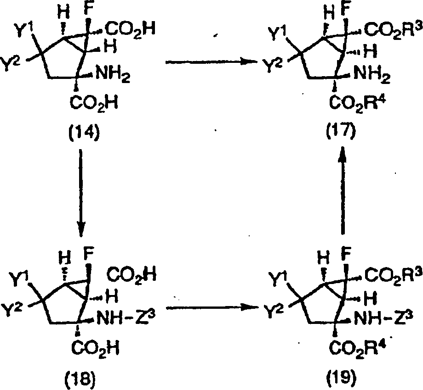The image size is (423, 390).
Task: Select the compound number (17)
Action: (341, 135)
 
